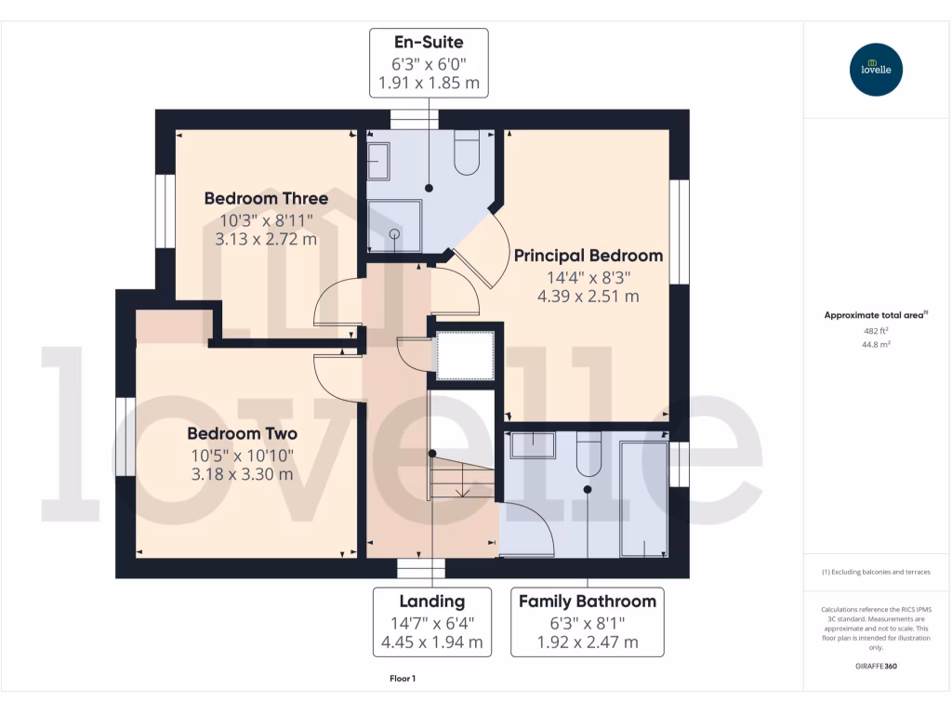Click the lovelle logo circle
pos(876,70)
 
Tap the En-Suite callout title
pos(429,42)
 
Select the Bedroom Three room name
pos(266,199)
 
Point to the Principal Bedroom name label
pos(588,256)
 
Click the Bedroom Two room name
pos(242,434)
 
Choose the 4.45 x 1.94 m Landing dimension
pos(432,642)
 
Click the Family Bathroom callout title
pos(588,602)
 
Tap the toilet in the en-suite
pos(467,153)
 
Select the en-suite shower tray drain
pos(393,234)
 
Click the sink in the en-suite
pos(378,161)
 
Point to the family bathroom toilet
pos(588,454)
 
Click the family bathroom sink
pos(533,444)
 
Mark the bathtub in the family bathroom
pos(643,498)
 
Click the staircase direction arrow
pos(464,490)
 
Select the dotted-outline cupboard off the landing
pos(466,354)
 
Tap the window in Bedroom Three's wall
pos(165,211)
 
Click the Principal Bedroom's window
pos(680,231)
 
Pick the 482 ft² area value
pos(875,331)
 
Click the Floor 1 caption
pos(403,679)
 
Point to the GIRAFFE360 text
pos(875,667)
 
